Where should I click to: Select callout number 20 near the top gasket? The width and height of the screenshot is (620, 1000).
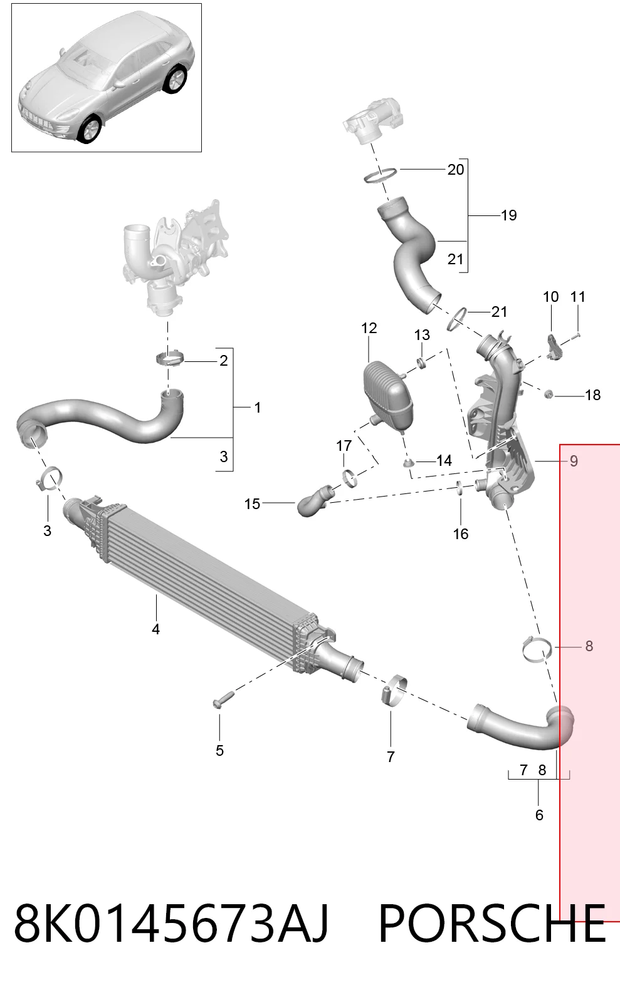pos(456,170)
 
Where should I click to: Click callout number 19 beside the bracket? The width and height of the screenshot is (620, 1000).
pos(508,215)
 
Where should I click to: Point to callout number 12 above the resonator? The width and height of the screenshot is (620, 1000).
pos(369,328)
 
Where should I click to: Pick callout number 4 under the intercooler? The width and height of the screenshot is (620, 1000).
pos(155,629)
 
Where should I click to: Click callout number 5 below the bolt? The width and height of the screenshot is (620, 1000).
pos(219,750)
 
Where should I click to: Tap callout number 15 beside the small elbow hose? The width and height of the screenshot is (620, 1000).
pos(252,504)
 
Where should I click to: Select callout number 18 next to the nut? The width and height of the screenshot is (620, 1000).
pos(593,395)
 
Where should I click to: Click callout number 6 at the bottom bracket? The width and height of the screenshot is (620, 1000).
pos(539,815)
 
